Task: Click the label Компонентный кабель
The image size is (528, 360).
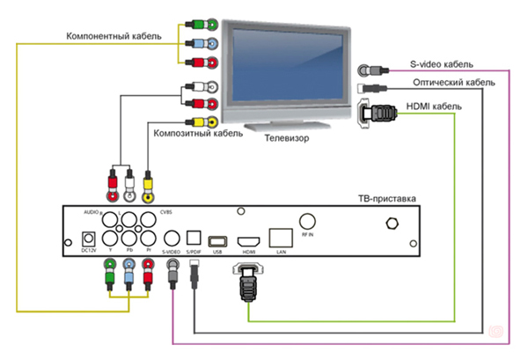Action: (112, 36)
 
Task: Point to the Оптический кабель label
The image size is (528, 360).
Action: (453, 83)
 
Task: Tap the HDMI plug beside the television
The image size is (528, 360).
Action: (378, 114)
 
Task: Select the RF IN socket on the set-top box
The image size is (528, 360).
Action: (309, 223)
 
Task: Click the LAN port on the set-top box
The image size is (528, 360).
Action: (280, 236)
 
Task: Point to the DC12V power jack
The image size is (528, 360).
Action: (87, 238)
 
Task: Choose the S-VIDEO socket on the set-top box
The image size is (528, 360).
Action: (172, 238)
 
